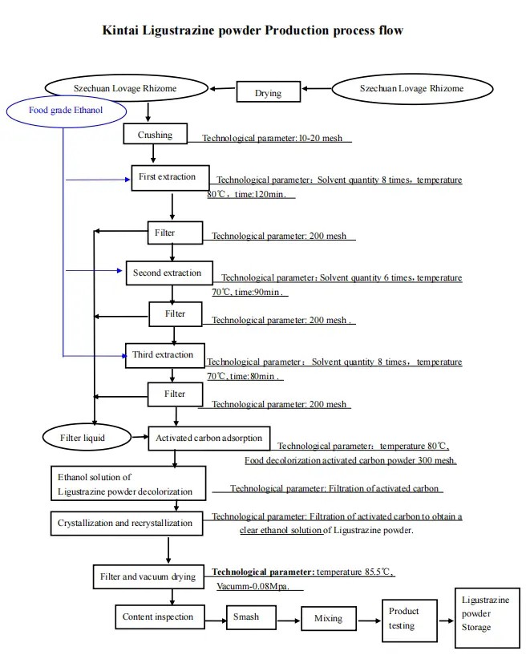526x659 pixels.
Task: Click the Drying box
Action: pyautogui.click(x=268, y=93)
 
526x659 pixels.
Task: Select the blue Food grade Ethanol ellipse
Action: pyautogui.click(x=66, y=111)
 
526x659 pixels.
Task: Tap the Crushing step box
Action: pyautogui.click(x=155, y=135)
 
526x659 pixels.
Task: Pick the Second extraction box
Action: pyautogui.click(x=168, y=273)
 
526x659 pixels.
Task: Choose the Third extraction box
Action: pyautogui.click(x=164, y=355)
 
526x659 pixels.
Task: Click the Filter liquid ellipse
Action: pyautogui.click(x=83, y=438)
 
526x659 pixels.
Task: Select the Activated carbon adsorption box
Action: pyautogui.click(x=209, y=438)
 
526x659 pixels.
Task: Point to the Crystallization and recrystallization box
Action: pyautogui.click(x=125, y=524)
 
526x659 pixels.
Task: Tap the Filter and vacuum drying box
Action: pyautogui.click(x=148, y=576)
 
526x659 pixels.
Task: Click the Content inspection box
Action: pyautogui.click(x=158, y=617)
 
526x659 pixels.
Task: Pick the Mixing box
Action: pyautogui.click(x=328, y=618)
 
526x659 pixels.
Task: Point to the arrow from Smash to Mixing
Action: pyautogui.click(x=289, y=619)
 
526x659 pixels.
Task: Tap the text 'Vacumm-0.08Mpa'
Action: pyautogui.click(x=259, y=587)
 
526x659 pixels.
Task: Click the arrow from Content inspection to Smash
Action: pyautogui.click(x=214, y=618)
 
